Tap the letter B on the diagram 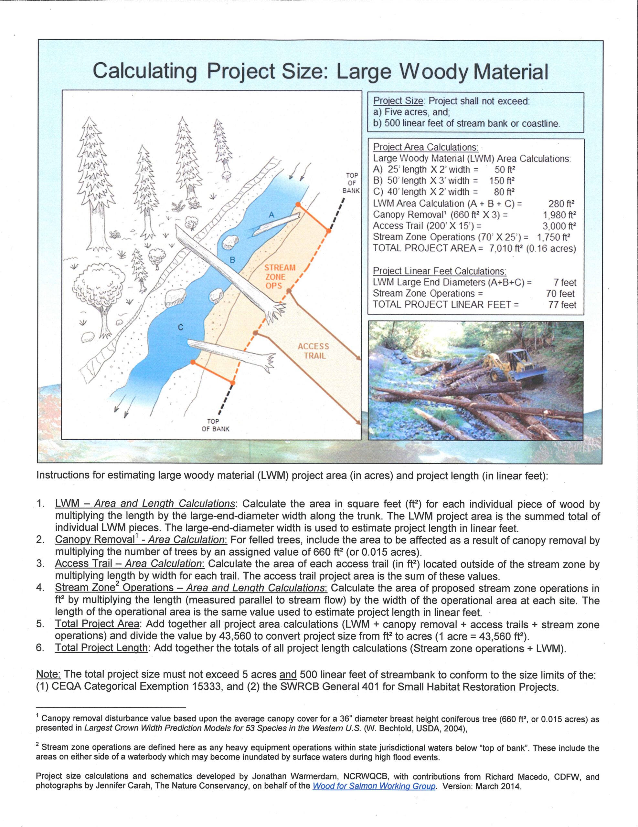point(233,260)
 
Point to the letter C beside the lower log point(181,328)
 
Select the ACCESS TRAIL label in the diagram point(313,351)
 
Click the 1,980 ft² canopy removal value point(559,215)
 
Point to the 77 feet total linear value point(562,305)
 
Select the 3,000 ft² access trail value point(559,226)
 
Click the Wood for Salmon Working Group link point(374,786)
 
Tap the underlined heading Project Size point(398,101)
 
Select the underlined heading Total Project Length point(101,648)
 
